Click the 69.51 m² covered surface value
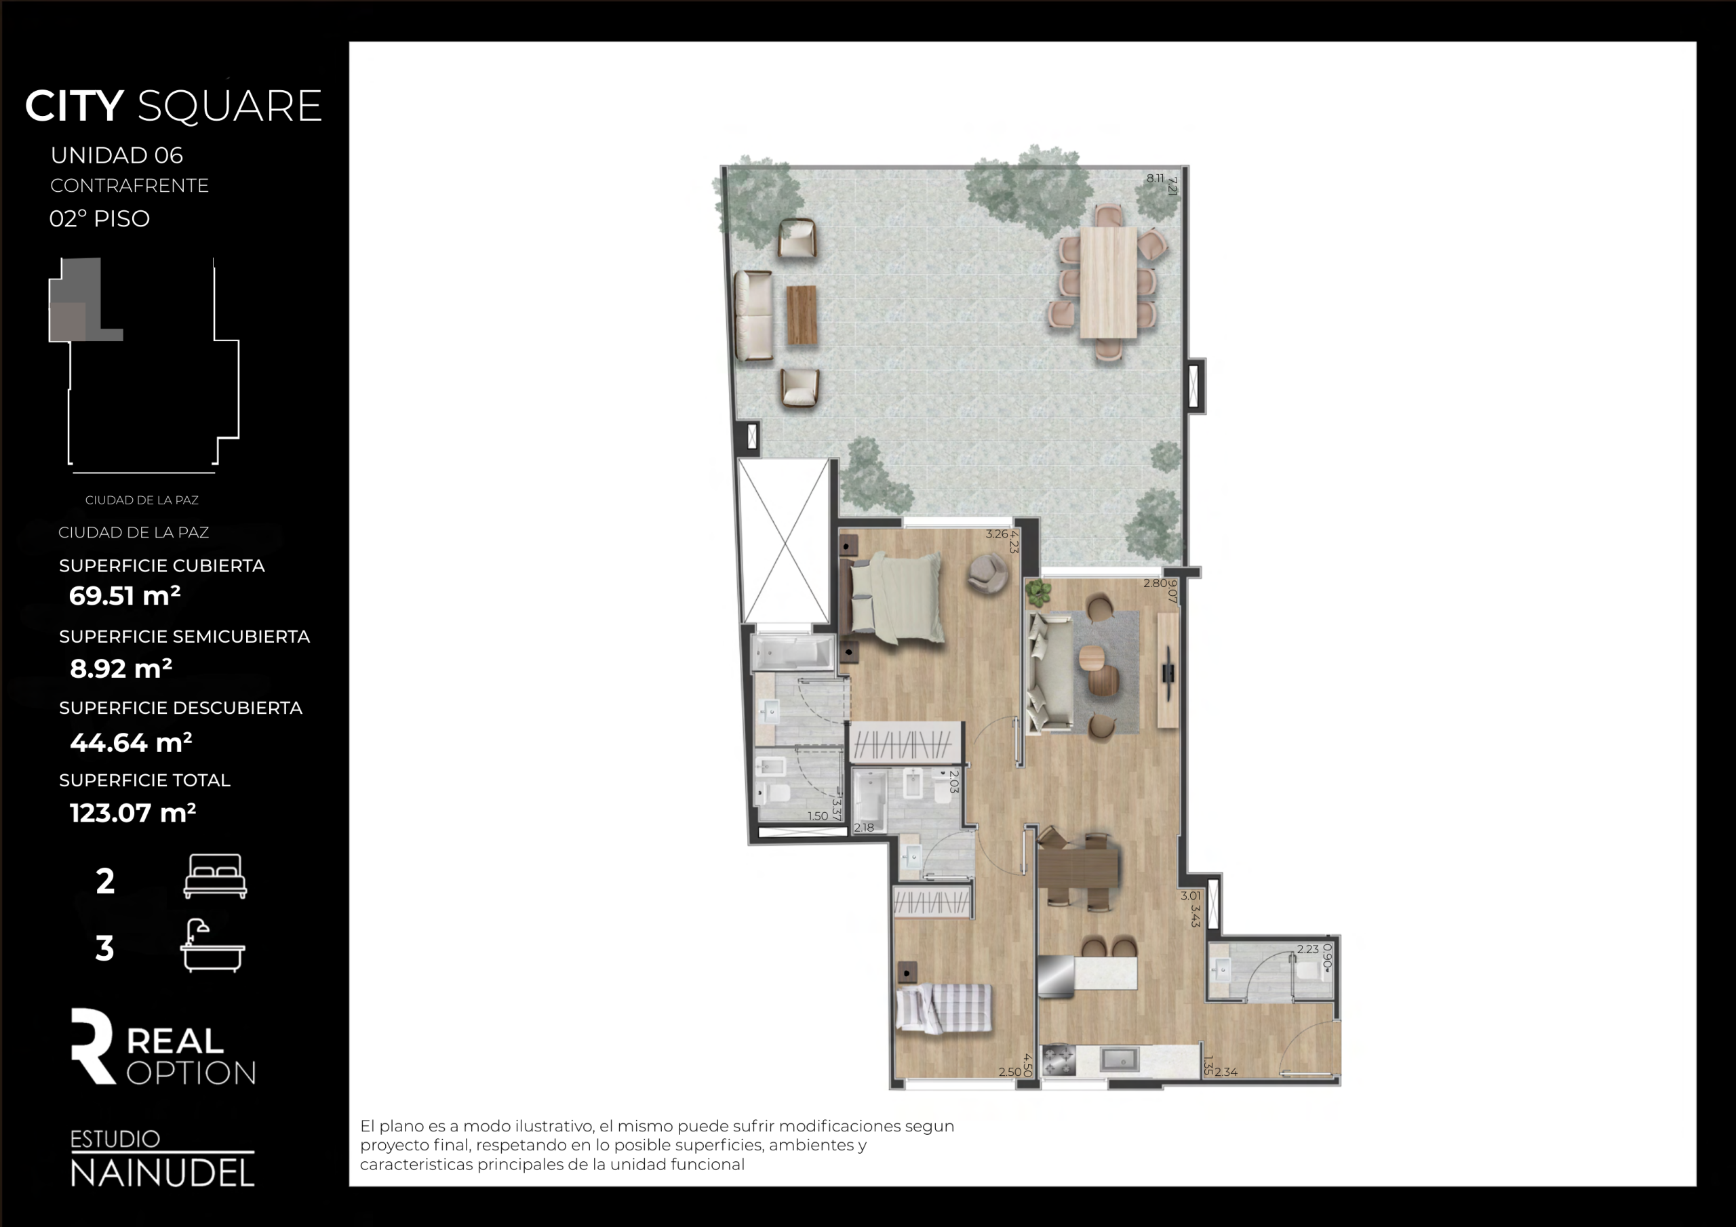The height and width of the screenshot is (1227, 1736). [125, 596]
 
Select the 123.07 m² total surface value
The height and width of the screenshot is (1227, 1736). [133, 813]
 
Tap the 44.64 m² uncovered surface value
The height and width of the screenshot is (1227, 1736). [131, 742]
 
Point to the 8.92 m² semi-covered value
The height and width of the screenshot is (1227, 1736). [121, 668]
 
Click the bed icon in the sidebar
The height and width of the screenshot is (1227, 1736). [216, 877]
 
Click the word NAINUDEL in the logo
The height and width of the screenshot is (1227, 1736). [163, 1173]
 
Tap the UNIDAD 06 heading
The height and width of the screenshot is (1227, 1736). [117, 155]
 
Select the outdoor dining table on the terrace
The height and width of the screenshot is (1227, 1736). [1109, 282]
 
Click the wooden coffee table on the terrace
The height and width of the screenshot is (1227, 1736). [802, 315]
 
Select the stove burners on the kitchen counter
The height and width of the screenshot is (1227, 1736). [1059, 1060]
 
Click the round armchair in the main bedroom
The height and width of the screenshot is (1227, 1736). [987, 572]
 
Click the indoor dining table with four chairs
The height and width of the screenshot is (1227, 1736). [1078, 867]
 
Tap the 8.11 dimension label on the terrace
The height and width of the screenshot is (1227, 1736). [1156, 178]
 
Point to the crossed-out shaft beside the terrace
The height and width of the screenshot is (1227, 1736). [784, 541]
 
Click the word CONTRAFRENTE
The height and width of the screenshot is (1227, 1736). [130, 186]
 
